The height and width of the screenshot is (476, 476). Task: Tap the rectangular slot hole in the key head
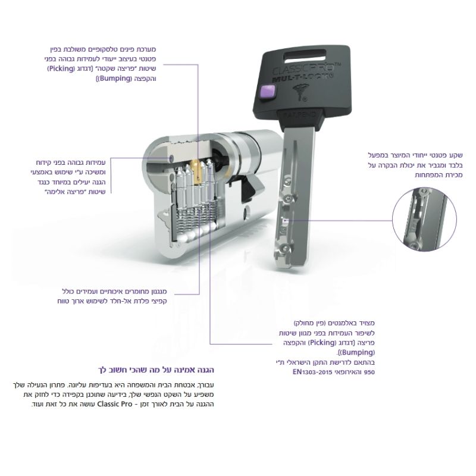coord(305,55)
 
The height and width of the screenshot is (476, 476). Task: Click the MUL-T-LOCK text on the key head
coord(302,78)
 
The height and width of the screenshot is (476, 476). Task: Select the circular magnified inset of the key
coord(424,219)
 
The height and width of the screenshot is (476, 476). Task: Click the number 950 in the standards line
coord(369,372)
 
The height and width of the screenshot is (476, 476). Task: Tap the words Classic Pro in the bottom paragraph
coord(114,404)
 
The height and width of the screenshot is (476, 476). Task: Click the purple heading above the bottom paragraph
coord(156,369)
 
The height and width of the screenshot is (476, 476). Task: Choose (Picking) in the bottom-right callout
coord(322,343)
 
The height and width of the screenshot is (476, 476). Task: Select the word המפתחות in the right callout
coord(428,175)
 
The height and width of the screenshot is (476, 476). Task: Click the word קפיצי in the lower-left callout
coord(158,302)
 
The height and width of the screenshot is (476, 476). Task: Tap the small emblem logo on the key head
coord(300,93)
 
